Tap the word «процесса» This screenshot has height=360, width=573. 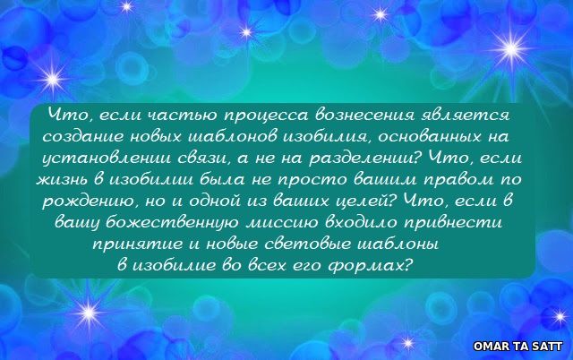[266, 116]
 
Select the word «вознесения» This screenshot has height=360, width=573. [364, 115]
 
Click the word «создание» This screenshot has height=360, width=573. [83, 137]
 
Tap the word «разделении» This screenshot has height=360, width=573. [363, 159]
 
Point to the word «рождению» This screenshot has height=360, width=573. [90, 201]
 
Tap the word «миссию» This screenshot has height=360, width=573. [282, 223]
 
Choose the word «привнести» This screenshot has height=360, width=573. [452, 223]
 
